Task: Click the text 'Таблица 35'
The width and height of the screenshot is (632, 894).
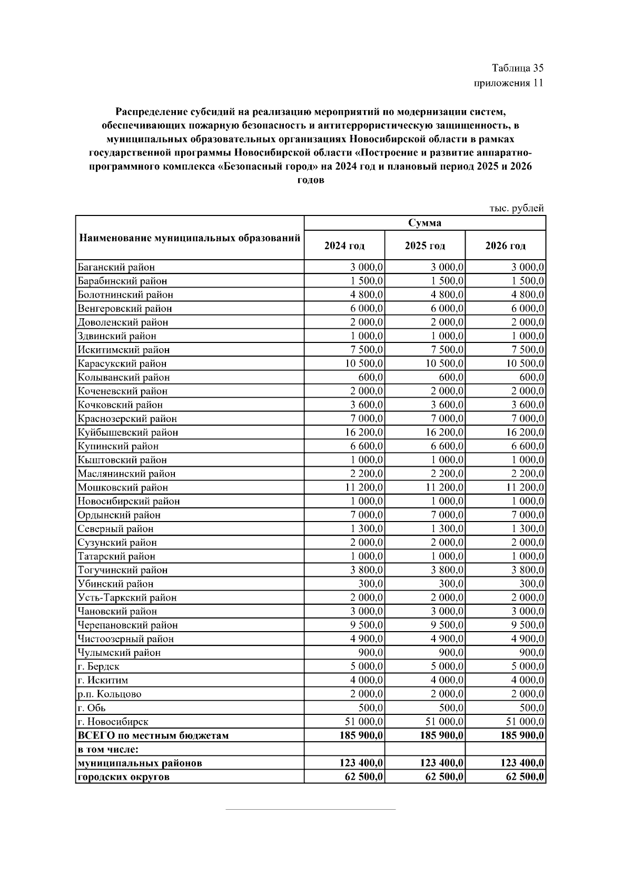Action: coord(517,68)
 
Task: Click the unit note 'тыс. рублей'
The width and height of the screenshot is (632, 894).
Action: coord(516,209)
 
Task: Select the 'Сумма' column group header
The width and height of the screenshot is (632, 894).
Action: coord(424,223)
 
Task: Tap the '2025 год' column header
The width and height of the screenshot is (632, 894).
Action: coord(424,246)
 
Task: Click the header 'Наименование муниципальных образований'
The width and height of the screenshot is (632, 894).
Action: coord(190,238)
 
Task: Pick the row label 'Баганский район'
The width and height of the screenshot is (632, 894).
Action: coord(116,268)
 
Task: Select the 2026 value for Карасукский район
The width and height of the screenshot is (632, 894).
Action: coord(525,364)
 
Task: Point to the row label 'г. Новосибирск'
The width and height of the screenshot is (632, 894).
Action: coord(113,722)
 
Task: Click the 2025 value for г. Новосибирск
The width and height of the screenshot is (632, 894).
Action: coord(445,722)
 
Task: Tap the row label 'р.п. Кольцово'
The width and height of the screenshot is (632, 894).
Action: coord(110,694)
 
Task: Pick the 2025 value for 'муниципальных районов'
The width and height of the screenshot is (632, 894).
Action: coord(442,763)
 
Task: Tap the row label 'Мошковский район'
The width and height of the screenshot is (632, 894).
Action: coord(123,488)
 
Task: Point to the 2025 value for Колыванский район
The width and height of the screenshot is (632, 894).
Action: coord(451,378)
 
